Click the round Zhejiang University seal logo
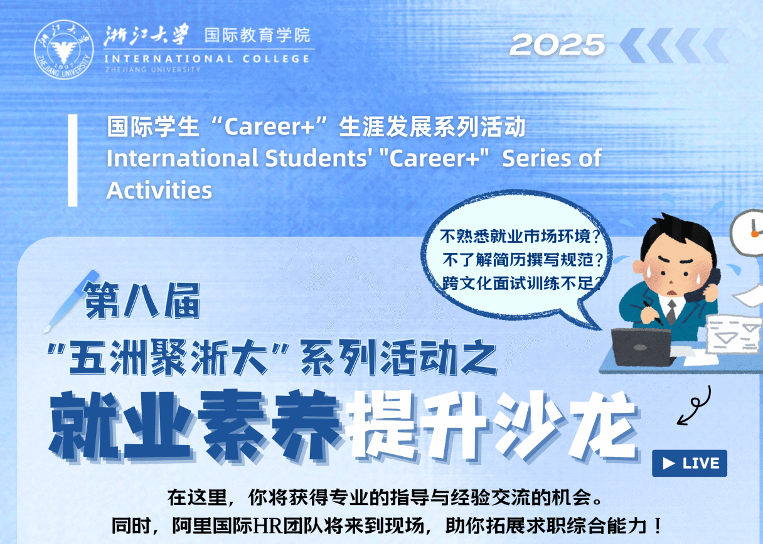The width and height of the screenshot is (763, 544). (x=64, y=50)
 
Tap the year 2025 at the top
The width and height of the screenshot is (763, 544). (x=557, y=45)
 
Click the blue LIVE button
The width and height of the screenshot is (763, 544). (x=690, y=463)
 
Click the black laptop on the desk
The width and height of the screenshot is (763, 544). (x=642, y=347)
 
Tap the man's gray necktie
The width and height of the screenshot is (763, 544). (x=671, y=312)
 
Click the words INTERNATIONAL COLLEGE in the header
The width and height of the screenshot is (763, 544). (x=207, y=58)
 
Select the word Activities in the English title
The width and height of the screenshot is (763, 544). (x=159, y=190)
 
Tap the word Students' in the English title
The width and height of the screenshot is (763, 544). (x=316, y=158)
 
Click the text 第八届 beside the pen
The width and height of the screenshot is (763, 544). (x=142, y=301)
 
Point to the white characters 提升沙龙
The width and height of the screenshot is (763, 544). (x=492, y=426)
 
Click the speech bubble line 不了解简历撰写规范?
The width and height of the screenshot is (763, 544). (x=523, y=260)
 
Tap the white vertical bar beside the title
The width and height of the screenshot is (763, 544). (x=73, y=160)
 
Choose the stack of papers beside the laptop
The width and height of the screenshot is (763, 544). (x=734, y=334)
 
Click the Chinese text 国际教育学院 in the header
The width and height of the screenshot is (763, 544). (x=257, y=35)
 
